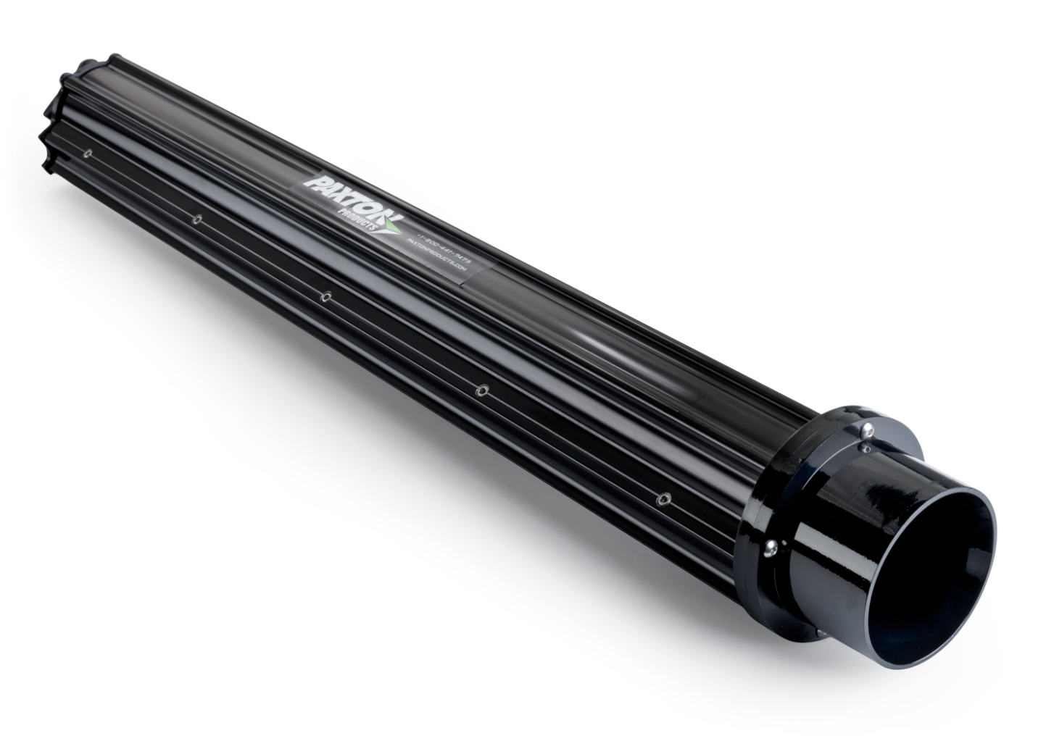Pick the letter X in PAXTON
point(344,192)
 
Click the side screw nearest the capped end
point(87,153)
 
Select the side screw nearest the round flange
point(662,498)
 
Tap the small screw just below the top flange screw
point(866,448)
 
